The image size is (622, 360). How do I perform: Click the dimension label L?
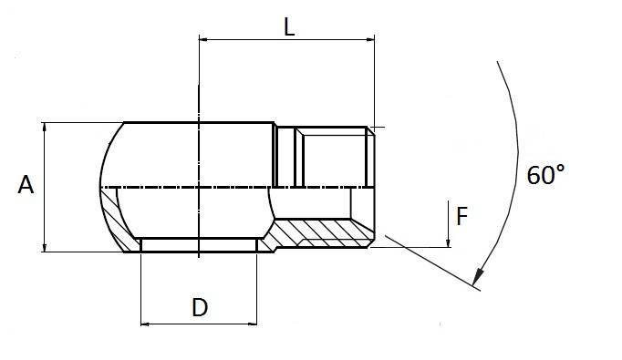(x=288, y=26)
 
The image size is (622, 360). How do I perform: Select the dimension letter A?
(x=26, y=185)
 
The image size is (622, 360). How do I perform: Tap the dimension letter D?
(x=199, y=307)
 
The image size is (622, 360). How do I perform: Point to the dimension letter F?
(x=461, y=216)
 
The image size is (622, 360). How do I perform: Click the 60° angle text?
(x=546, y=175)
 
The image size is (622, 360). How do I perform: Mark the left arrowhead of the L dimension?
(x=205, y=39)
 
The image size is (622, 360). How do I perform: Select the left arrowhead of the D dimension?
(x=147, y=322)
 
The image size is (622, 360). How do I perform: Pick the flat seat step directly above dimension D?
(x=198, y=245)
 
